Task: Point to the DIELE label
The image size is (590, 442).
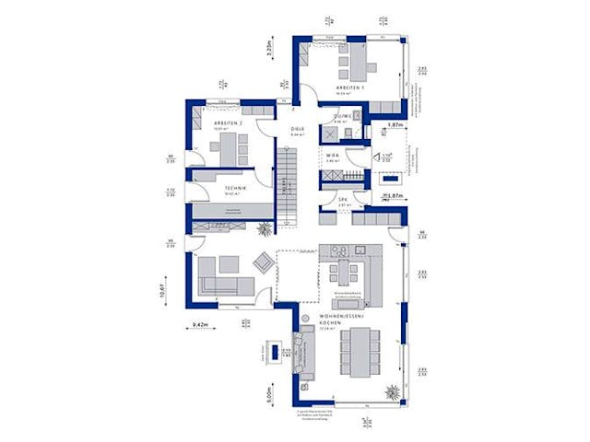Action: click(x=297, y=128)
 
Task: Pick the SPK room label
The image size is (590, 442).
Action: click(x=341, y=200)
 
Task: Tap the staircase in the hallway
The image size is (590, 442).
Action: click(x=289, y=190)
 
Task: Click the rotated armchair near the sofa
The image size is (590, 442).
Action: click(x=264, y=262)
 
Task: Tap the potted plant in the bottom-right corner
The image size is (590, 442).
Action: click(x=393, y=390)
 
